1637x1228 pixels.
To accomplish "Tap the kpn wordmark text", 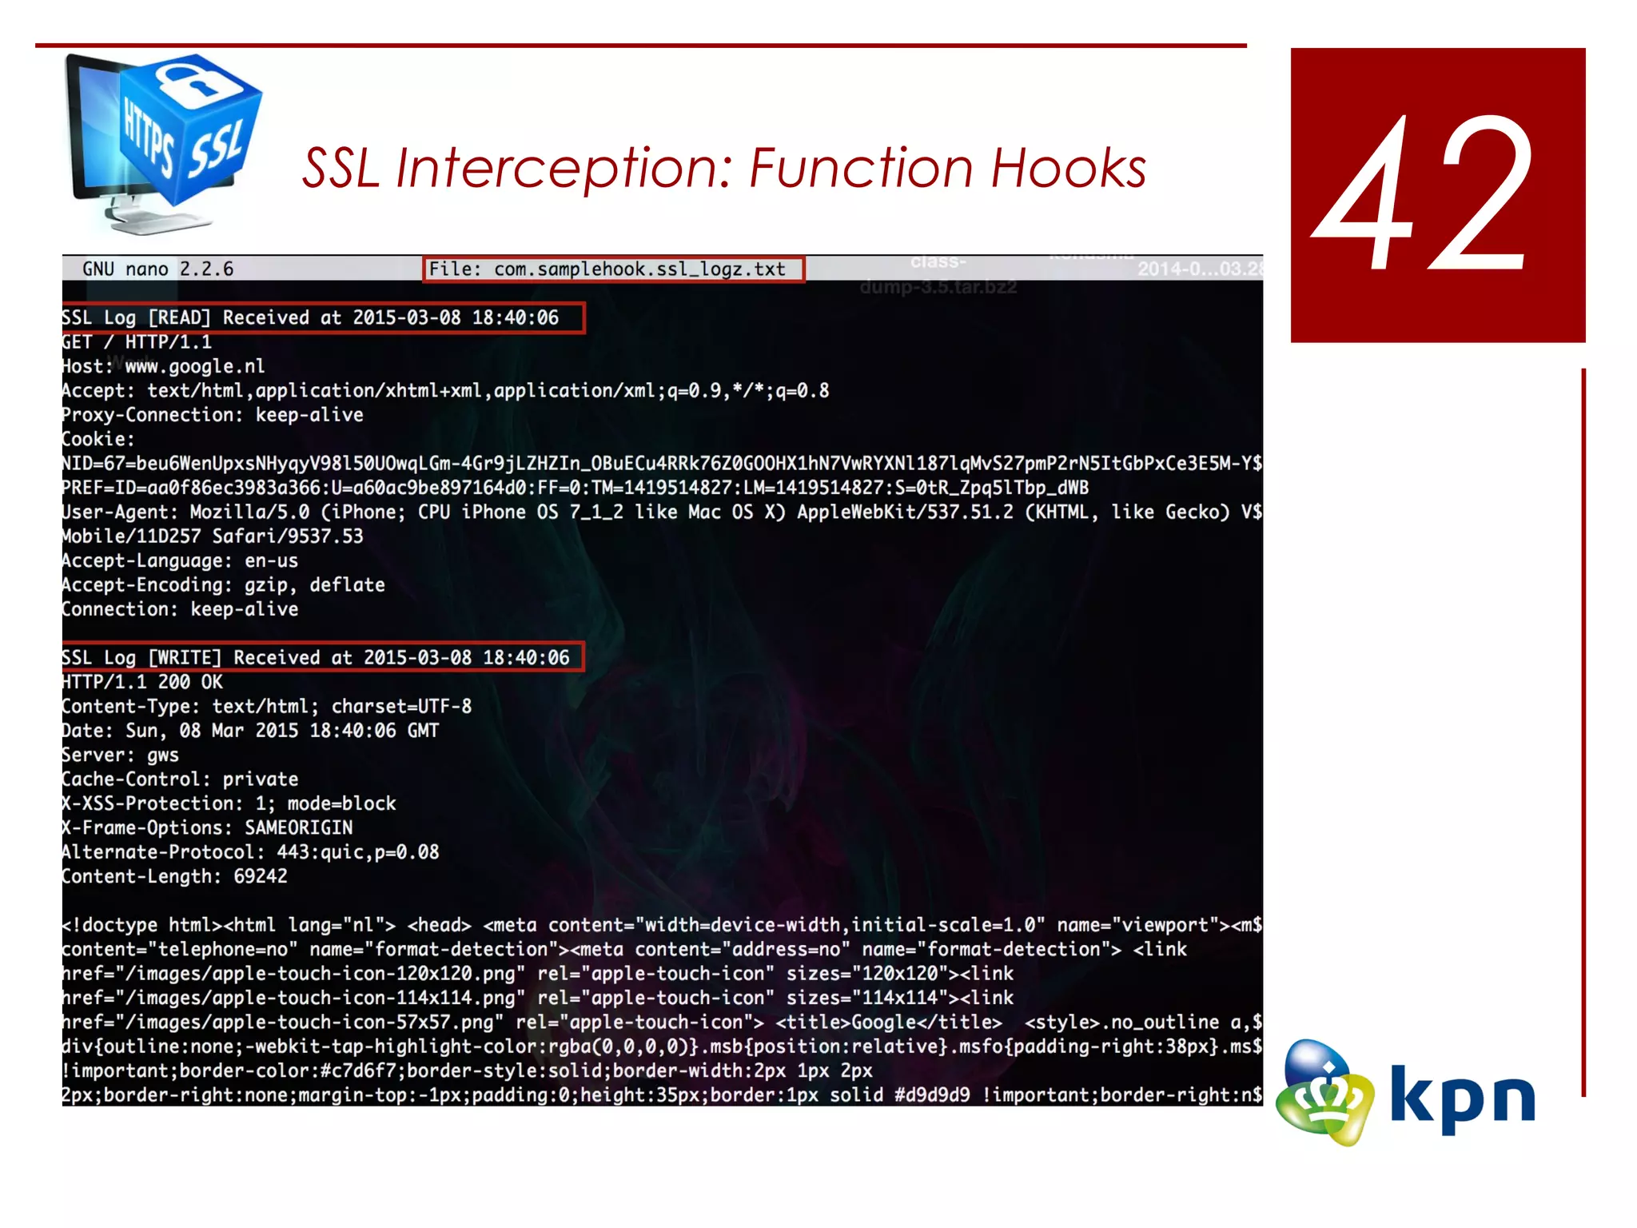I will click(x=1463, y=1096).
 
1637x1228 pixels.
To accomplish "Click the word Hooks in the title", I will click(x=1068, y=169).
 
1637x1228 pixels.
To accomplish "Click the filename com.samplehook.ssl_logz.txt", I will click(x=639, y=269).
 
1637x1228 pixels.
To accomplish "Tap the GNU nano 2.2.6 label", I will click(x=157, y=269).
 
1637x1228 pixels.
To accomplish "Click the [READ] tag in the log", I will click(x=179, y=318).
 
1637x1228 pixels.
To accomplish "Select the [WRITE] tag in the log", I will click(x=185, y=658).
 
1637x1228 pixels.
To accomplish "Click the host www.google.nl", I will click(x=194, y=367).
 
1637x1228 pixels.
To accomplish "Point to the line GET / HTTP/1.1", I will click(x=137, y=342).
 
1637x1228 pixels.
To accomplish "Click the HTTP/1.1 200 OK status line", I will click(x=142, y=682).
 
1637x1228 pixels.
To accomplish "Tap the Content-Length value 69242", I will click(x=260, y=876).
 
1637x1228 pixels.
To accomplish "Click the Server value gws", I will click(x=162, y=755).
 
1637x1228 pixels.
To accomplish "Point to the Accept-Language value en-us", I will click(x=271, y=560).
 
